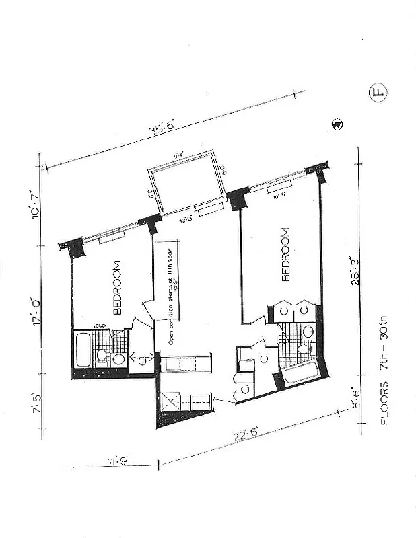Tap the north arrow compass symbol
(337, 124)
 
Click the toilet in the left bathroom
(102, 356)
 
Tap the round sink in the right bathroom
(308, 331)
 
